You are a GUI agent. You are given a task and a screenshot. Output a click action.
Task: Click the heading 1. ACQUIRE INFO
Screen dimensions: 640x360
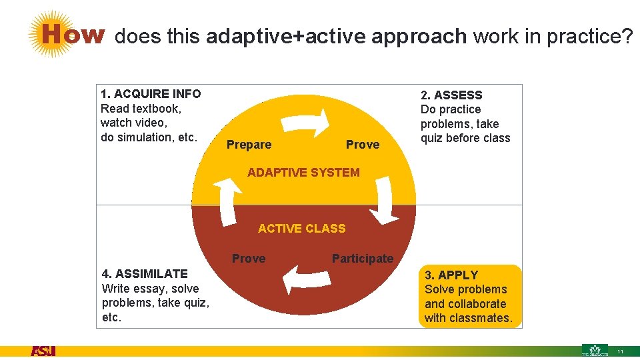151,94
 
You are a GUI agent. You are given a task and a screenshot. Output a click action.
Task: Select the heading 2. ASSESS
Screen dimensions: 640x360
451,95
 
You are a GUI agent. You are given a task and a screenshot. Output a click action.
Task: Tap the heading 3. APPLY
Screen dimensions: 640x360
451,275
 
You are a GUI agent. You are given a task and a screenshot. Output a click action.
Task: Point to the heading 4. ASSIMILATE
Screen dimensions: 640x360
145,273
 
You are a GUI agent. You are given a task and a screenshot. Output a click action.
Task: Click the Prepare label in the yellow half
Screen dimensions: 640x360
249,145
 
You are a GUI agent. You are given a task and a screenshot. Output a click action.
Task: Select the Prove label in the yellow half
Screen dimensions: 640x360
363,145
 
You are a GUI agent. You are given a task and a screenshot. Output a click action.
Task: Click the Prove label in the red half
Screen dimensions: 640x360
249,259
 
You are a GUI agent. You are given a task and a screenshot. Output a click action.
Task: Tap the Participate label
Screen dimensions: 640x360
363,259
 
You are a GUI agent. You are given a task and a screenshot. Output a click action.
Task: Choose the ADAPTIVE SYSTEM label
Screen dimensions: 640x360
303,173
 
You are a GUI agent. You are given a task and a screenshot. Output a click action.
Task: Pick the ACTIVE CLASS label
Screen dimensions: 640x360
302,229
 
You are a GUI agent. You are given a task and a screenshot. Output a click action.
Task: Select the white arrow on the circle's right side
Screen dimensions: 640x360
385,200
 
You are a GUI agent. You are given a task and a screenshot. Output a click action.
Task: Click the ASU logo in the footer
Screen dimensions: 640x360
43,351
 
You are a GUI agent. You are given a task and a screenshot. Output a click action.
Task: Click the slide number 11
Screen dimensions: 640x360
620,352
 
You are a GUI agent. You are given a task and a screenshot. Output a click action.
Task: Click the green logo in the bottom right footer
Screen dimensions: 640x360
595,350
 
